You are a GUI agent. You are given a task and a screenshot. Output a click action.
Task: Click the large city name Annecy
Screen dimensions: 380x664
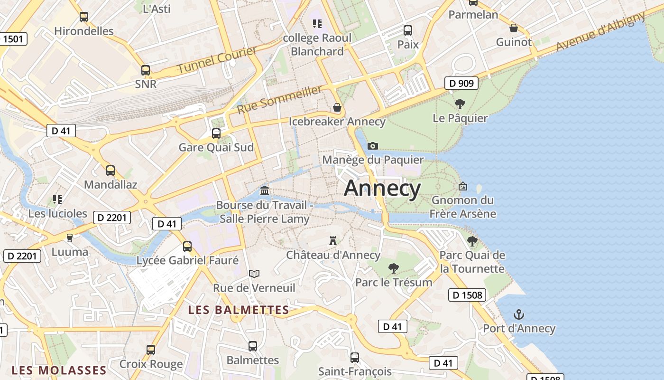[382, 189]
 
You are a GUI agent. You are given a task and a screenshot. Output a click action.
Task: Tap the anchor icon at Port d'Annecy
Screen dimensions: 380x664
[519, 314]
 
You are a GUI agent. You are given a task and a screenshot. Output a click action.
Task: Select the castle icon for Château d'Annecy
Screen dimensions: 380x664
[333, 241]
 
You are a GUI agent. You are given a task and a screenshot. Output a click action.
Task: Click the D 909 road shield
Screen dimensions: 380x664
[461, 84]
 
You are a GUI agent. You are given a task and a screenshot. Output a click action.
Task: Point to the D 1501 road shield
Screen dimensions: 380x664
[13, 39]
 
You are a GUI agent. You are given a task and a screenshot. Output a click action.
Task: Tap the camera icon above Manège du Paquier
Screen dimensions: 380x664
[373, 146]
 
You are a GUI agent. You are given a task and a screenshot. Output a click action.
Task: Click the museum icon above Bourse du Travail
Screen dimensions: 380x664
[265, 191]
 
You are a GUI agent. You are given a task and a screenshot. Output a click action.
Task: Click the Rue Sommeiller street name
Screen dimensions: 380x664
[279, 99]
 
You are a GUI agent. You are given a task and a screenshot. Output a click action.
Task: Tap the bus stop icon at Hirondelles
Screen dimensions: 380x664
[84, 17]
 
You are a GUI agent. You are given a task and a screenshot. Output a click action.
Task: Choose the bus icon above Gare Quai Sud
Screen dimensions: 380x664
[216, 133]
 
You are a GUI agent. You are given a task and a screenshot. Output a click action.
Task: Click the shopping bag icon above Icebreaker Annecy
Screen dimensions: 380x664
[337, 107]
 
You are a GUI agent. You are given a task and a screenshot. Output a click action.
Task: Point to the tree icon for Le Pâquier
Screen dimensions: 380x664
[460, 104]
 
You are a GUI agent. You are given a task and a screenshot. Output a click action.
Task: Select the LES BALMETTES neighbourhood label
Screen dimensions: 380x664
[239, 310]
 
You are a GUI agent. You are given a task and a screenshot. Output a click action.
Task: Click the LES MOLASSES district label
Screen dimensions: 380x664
[59, 370]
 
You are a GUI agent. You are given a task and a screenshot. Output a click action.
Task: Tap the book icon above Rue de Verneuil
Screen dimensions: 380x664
[254, 274]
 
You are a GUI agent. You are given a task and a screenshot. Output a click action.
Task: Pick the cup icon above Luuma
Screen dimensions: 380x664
[70, 237]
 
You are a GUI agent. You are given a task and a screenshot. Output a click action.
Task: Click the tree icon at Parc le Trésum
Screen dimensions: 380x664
[394, 268]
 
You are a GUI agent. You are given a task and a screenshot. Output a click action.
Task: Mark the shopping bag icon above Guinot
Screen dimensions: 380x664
[514, 28]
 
